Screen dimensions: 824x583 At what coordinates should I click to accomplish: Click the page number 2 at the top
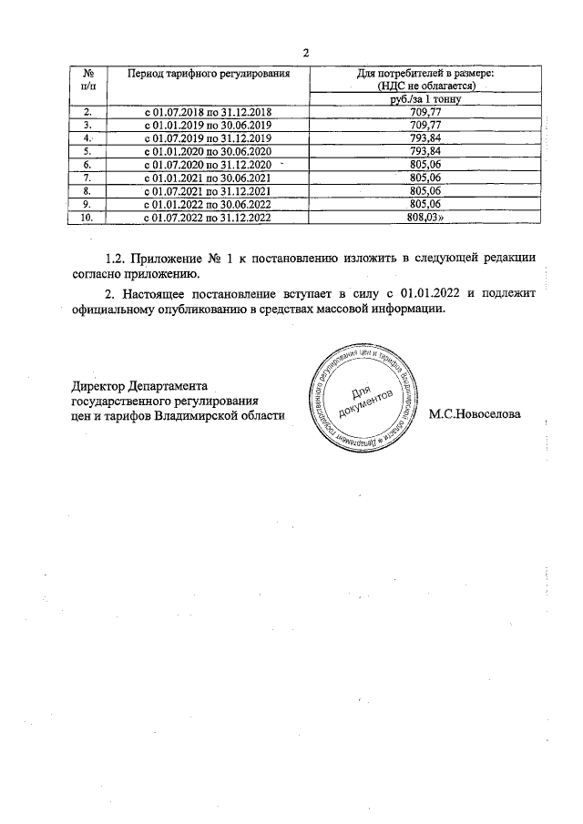305,53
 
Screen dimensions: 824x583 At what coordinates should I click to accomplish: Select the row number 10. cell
88,219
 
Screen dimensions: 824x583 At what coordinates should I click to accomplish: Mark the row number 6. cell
88,165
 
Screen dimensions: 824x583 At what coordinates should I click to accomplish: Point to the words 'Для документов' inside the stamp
369,400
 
